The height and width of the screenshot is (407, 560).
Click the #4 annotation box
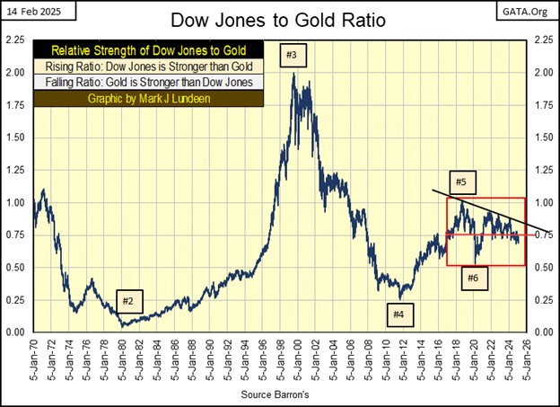click(x=399, y=314)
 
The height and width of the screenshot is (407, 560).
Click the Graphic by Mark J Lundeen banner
click(x=149, y=99)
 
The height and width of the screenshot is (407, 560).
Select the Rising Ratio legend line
click(x=149, y=66)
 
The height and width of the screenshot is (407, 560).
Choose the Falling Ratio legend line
click(x=149, y=83)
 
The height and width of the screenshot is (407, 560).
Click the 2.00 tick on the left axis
click(x=16, y=73)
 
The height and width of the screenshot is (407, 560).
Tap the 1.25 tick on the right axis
click(x=544, y=170)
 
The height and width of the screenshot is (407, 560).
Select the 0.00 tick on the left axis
click(x=16, y=332)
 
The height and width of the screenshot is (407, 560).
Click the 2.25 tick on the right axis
click(x=544, y=40)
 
